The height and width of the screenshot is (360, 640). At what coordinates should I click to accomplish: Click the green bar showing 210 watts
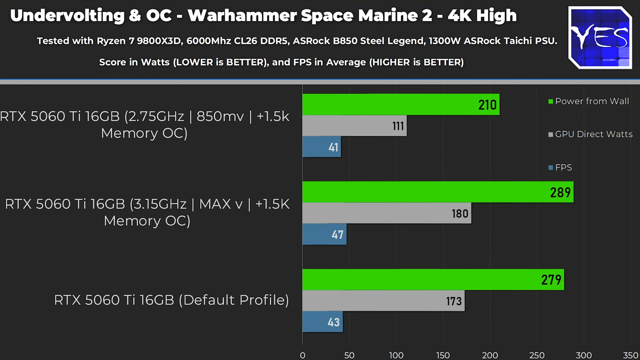[x=400, y=104]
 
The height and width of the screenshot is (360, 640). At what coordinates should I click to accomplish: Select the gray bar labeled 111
[x=354, y=126]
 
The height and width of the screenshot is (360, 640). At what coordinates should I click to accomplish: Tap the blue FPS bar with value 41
[x=322, y=147]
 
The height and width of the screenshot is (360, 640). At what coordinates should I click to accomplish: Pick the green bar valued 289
[x=438, y=192]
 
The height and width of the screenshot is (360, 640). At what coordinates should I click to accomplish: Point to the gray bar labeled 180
[x=386, y=213]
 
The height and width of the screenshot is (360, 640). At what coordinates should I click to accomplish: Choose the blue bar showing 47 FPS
[x=324, y=234]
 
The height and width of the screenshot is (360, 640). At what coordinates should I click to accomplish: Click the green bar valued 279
[x=433, y=280]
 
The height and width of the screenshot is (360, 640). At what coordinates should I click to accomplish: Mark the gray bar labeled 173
[x=383, y=301]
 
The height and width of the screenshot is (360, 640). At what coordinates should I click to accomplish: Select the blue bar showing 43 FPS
[x=322, y=322]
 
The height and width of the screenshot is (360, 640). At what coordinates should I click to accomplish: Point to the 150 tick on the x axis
[x=443, y=355]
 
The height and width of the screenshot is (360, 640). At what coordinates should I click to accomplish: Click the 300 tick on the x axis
[x=584, y=355]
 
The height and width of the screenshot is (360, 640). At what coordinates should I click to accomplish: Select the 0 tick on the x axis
[x=302, y=355]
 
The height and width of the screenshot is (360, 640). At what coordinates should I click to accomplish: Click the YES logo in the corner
[x=600, y=38]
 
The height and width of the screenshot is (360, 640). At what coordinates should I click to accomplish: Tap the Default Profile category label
[x=171, y=300]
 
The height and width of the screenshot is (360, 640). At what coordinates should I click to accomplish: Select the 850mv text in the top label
[x=220, y=116]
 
